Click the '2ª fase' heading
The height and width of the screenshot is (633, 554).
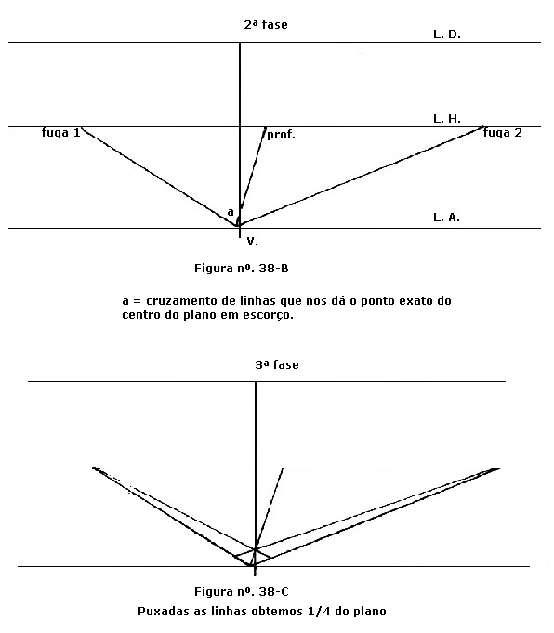click(x=266, y=24)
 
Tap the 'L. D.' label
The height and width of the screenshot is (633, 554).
click(x=447, y=34)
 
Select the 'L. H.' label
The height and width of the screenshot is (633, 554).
click(x=447, y=119)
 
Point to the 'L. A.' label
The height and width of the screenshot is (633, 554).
click(x=446, y=218)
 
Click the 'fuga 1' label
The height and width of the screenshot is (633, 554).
click(x=61, y=133)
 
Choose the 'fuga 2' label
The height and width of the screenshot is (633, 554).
click(x=503, y=133)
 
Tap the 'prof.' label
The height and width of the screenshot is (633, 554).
click(x=281, y=135)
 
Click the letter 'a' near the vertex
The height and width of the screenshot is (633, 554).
click(x=231, y=212)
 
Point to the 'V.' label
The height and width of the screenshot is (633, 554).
click(x=253, y=242)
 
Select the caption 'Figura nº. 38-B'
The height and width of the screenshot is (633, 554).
click(x=242, y=268)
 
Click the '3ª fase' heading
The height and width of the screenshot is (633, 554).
click(x=277, y=365)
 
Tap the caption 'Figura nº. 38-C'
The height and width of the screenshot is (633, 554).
click(x=242, y=592)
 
